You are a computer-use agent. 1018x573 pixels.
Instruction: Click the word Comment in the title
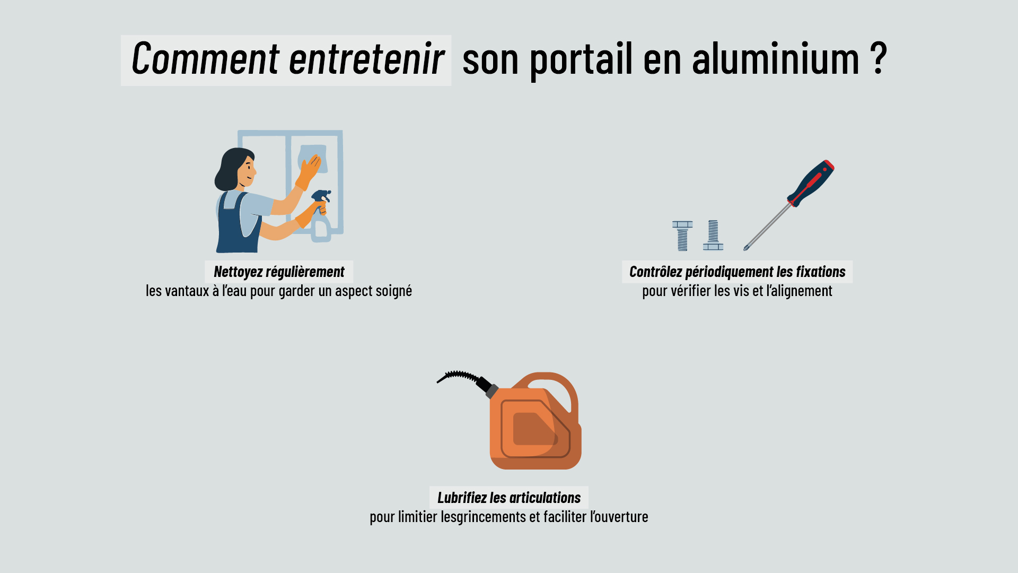pyautogui.click(x=205, y=58)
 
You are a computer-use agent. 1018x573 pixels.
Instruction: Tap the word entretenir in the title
pyautogui.click(x=366, y=58)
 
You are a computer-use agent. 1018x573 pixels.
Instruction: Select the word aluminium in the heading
pyautogui.click(x=775, y=58)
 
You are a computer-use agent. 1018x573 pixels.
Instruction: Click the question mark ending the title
pyautogui.click(x=879, y=58)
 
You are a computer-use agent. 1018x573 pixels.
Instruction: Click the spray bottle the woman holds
pyautogui.click(x=321, y=218)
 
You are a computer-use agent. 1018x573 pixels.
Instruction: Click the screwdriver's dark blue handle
pyautogui.click(x=810, y=183)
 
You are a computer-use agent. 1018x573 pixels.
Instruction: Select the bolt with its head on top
pyautogui.click(x=682, y=236)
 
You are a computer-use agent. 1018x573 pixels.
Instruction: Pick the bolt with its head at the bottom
pyautogui.click(x=713, y=235)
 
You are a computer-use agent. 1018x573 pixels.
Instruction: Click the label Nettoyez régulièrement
pyautogui.click(x=279, y=272)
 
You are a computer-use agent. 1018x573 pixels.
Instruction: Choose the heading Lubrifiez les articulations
pyautogui.click(x=509, y=498)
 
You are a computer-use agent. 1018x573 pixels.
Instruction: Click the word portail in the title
pyautogui.click(x=581, y=58)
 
